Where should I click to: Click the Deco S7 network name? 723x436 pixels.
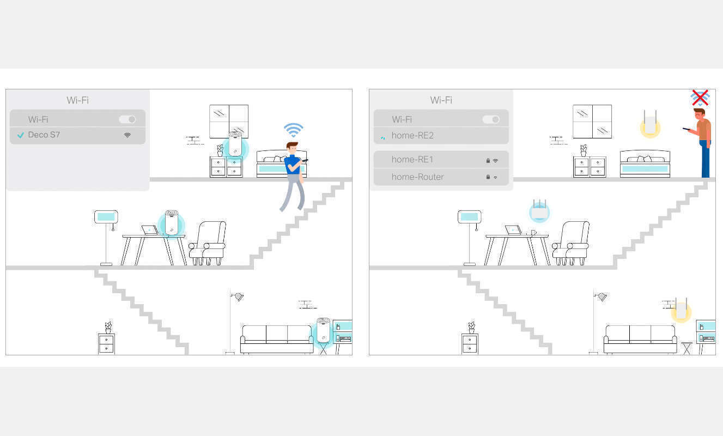44,135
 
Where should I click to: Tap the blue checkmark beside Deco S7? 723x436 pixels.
21,135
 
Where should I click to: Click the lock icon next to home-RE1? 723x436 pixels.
488,161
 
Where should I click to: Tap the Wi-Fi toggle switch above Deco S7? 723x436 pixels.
127,119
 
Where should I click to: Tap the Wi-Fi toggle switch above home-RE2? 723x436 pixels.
491,119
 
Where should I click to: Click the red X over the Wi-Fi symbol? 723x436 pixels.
700,98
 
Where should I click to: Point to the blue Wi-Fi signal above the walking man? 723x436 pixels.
293,130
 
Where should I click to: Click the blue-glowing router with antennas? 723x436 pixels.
539,211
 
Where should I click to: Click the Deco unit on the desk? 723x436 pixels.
172,222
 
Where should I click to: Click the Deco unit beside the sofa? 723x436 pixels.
324,330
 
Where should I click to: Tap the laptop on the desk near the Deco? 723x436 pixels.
149,229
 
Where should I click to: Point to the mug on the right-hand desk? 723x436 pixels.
533,232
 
